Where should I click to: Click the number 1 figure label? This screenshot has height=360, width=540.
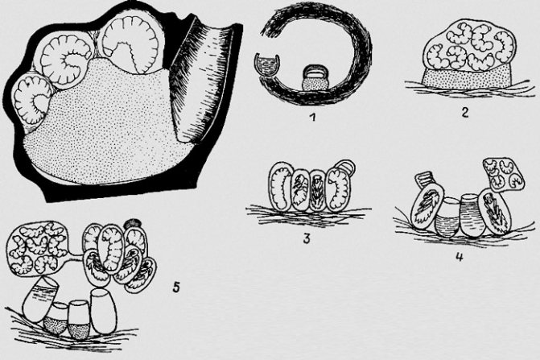[x=313, y=118]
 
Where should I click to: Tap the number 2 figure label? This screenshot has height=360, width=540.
[x=464, y=112]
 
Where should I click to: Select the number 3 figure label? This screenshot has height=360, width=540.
[x=307, y=238]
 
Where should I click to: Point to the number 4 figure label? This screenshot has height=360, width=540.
[x=459, y=257]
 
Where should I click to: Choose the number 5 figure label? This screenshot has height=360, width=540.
[x=176, y=287]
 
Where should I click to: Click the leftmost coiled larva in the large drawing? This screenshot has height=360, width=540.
[x=31, y=100]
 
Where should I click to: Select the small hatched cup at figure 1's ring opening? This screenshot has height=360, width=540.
[x=267, y=64]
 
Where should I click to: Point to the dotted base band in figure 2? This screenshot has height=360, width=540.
[x=468, y=77]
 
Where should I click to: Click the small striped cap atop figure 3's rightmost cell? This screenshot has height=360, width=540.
[x=345, y=166]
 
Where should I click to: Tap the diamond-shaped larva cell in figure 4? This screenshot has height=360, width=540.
[x=504, y=174]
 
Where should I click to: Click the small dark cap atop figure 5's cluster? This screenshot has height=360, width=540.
[x=133, y=224]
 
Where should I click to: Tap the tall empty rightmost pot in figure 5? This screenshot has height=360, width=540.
[x=103, y=311]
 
